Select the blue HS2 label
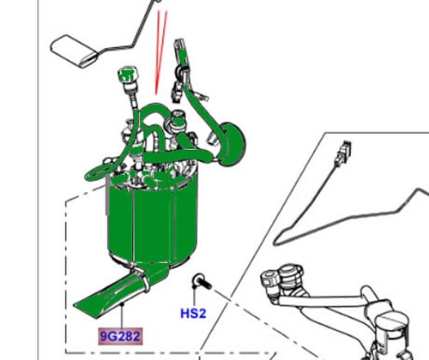(193, 314)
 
